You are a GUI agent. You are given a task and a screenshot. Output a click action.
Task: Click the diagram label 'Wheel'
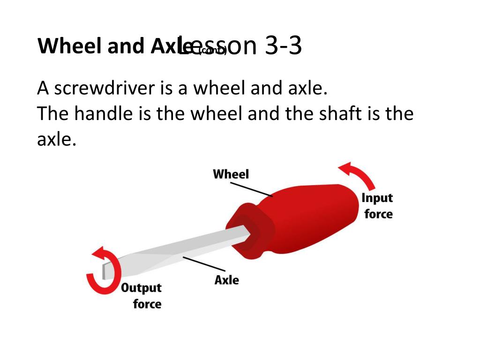[x=231, y=174]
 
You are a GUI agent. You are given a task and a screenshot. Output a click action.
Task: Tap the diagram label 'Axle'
[x=226, y=280]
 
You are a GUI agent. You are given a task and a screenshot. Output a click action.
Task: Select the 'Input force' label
[x=377, y=206]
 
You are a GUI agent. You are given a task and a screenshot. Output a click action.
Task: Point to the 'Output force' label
[x=141, y=295]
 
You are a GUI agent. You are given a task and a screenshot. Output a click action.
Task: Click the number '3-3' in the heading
[x=283, y=46]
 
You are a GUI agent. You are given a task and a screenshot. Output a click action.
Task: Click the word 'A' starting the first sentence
[x=43, y=88]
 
